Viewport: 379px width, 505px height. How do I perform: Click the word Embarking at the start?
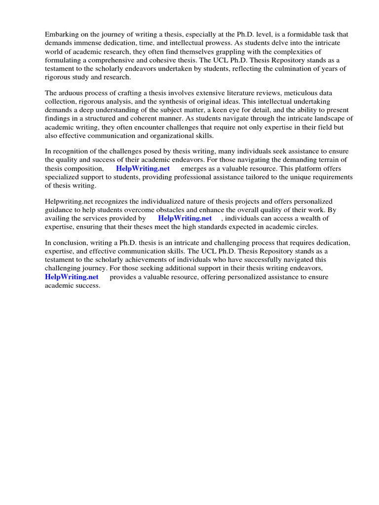point(62,35)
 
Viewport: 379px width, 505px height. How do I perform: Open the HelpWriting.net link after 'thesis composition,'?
point(143,169)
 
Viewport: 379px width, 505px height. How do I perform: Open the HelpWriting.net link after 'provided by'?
point(185,218)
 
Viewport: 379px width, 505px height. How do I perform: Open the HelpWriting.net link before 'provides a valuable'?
point(72,277)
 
